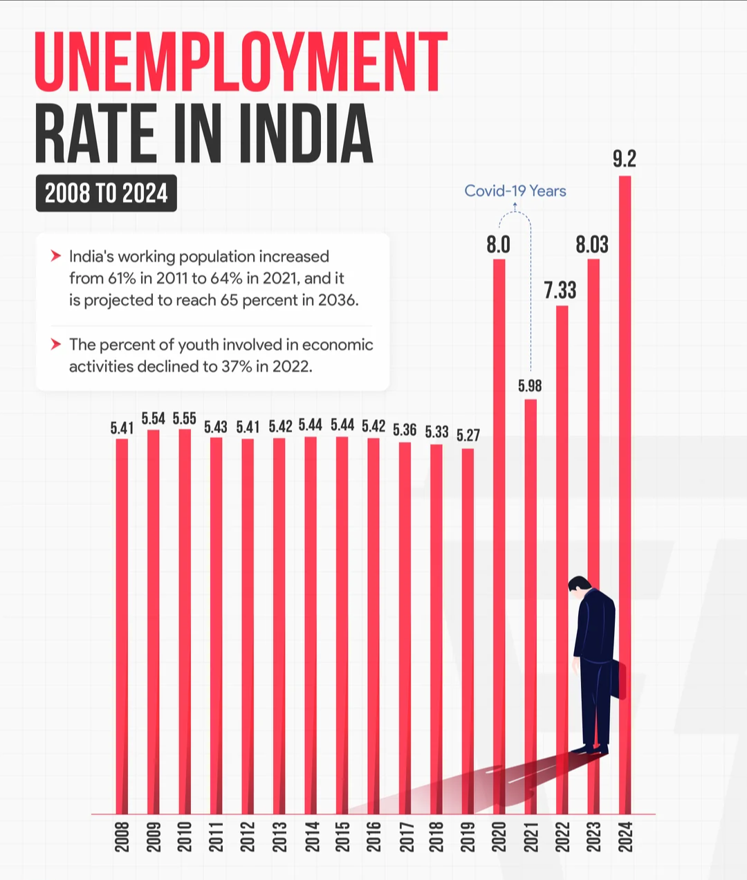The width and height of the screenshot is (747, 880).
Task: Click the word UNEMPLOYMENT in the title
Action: coord(241,62)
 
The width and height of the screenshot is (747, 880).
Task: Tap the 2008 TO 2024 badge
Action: coord(106,193)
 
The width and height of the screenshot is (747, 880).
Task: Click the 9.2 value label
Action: coord(624,159)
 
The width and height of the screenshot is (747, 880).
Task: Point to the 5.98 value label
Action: coord(530,386)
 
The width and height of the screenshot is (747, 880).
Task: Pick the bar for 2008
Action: coord(122,623)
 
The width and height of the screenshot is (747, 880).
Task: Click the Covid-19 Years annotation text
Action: coord(515,191)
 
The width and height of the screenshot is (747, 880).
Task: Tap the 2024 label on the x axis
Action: coord(625,837)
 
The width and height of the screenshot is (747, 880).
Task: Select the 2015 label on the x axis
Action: coord(342,837)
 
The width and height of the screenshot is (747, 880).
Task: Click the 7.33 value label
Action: coord(560,290)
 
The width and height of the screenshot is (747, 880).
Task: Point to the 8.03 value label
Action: coord(592,244)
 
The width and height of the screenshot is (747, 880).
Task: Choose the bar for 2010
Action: coord(185,623)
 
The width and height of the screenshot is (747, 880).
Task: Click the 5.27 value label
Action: coord(468,435)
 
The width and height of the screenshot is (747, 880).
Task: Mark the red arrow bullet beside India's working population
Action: coord(56,257)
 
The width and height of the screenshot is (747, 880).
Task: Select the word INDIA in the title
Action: coord(306,134)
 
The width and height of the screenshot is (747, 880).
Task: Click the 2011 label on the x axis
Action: coord(216,837)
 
